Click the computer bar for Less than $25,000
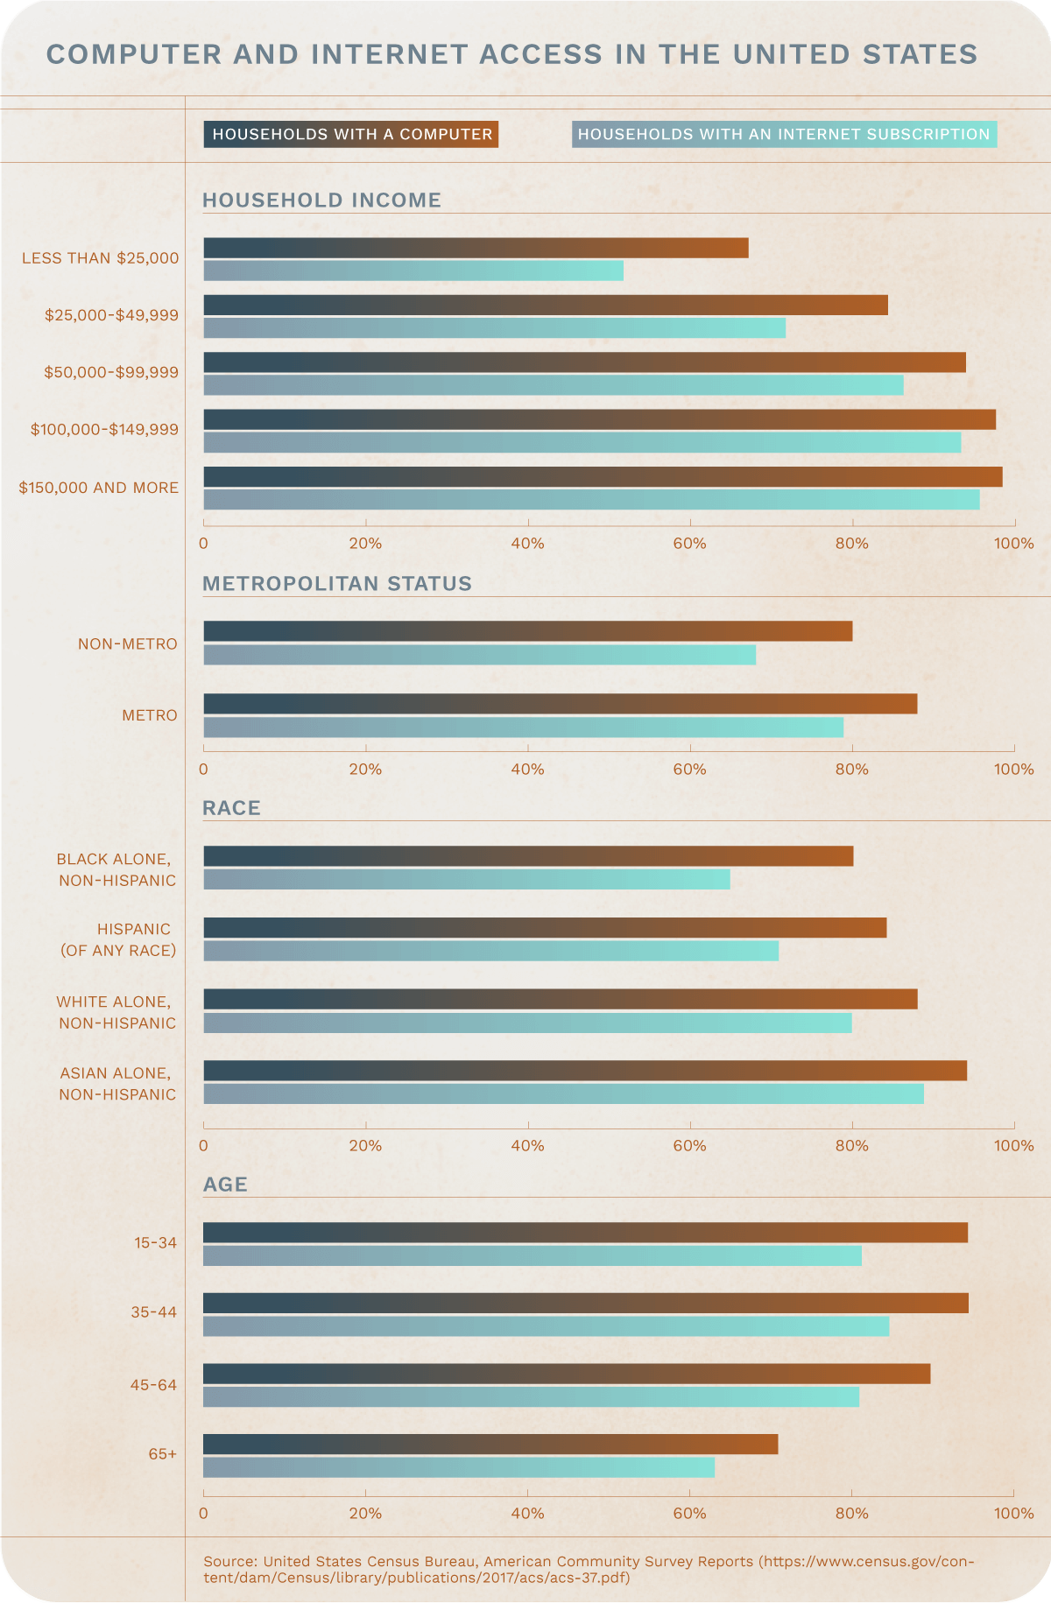[476, 248]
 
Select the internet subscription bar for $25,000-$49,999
[494, 327]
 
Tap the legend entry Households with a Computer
[351, 134]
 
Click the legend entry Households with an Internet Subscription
[784, 134]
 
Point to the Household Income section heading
[321, 200]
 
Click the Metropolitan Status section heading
[337, 584]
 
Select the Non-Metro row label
[128, 644]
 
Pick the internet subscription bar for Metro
[523, 727]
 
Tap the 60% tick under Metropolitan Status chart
[689, 769]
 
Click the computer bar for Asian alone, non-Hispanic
[585, 1070]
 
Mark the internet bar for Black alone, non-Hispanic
[466, 879]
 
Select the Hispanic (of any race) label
[118, 939]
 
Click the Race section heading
[231, 808]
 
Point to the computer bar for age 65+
[490, 1445]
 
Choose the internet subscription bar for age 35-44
[546, 1325]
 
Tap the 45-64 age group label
[153, 1385]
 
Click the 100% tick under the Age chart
[1013, 1513]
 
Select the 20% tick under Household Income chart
[365, 544]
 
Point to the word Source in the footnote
[229, 1561]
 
